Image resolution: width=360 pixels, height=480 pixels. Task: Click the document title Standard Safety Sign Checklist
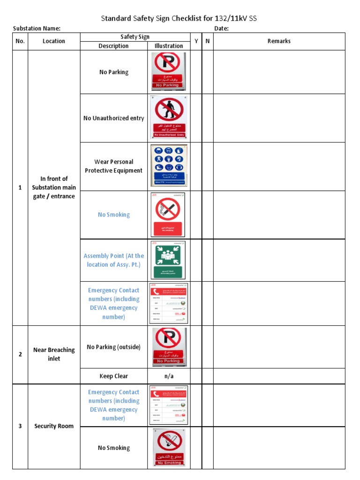coord(179,18)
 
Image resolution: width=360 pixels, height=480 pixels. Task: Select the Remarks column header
coord(279,41)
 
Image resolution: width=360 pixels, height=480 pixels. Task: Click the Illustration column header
coord(169,46)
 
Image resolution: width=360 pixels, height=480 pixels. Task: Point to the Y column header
coord(196,41)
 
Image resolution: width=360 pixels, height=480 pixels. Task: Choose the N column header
coord(207,41)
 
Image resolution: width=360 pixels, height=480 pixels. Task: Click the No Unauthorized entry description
coord(114,118)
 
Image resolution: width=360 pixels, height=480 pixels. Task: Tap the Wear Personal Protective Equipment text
coord(114,166)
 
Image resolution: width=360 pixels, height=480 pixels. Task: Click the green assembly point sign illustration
coord(168,260)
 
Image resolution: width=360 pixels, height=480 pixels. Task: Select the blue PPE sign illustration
coord(168,165)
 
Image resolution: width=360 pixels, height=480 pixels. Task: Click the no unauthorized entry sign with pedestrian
coord(168,117)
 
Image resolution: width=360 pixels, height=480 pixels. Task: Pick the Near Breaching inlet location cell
coord(54,354)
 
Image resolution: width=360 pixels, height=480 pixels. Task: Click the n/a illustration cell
coord(169,376)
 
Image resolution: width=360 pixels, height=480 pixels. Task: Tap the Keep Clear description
coord(114,376)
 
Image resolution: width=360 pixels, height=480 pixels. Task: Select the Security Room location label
coord(54,426)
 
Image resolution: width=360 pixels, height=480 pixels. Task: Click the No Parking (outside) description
coord(114,347)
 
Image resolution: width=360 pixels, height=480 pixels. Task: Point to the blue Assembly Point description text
coord(114,260)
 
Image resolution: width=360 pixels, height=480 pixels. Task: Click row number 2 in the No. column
coord(20,354)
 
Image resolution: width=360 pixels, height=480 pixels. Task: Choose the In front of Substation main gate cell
coord(54,187)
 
